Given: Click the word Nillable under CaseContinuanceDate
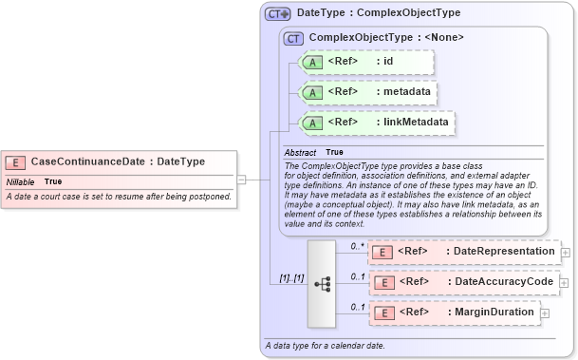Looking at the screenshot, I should (21, 181).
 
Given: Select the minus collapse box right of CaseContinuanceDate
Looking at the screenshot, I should (241, 178).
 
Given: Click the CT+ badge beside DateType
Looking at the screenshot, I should (278, 14).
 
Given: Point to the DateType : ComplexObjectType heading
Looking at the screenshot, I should (378, 14).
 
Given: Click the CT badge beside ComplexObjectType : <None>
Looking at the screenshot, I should (293, 38).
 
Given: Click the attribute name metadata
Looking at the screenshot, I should (404, 92).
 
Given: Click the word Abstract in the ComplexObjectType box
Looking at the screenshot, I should (300, 152).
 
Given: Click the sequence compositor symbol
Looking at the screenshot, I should (321, 282).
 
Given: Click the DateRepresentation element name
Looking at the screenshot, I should (503, 251).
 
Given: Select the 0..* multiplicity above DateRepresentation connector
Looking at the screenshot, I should (358, 246).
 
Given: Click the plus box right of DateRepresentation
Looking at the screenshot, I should (566, 252).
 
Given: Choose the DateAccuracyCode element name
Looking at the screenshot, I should (502, 281).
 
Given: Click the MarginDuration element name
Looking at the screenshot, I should (494, 312).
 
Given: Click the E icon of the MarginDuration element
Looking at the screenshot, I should (382, 313).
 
